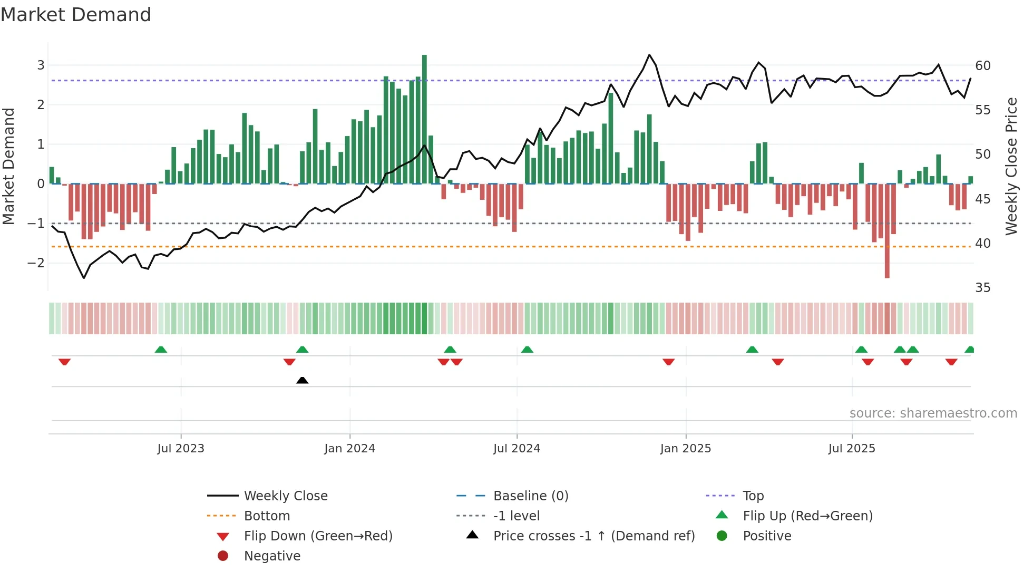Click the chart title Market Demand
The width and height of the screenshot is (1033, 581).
point(76,14)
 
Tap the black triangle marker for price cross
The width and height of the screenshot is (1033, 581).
point(302,380)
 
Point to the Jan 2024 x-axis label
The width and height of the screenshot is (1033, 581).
point(349,449)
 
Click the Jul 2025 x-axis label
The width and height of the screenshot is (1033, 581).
point(851,449)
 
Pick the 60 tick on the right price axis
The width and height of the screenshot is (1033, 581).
point(983,66)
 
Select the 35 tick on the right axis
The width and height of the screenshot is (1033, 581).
point(983,288)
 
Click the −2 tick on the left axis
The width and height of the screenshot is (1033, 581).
point(36,263)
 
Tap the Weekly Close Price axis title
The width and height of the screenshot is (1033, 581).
point(1011,166)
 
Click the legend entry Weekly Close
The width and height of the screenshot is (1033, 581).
point(285,496)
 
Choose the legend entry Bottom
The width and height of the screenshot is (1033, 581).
point(267,516)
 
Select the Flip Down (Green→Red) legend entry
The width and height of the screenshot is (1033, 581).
point(318,536)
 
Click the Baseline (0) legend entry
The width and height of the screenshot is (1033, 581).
point(530,496)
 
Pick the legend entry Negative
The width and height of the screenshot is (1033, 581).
point(272,556)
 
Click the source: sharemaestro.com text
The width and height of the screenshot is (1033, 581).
point(933,413)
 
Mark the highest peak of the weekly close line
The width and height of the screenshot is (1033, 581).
point(649,55)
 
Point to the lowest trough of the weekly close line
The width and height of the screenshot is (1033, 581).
point(84,278)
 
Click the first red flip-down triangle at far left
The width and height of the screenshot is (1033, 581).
point(64,362)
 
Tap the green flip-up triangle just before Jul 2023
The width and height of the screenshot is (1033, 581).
point(161,350)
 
